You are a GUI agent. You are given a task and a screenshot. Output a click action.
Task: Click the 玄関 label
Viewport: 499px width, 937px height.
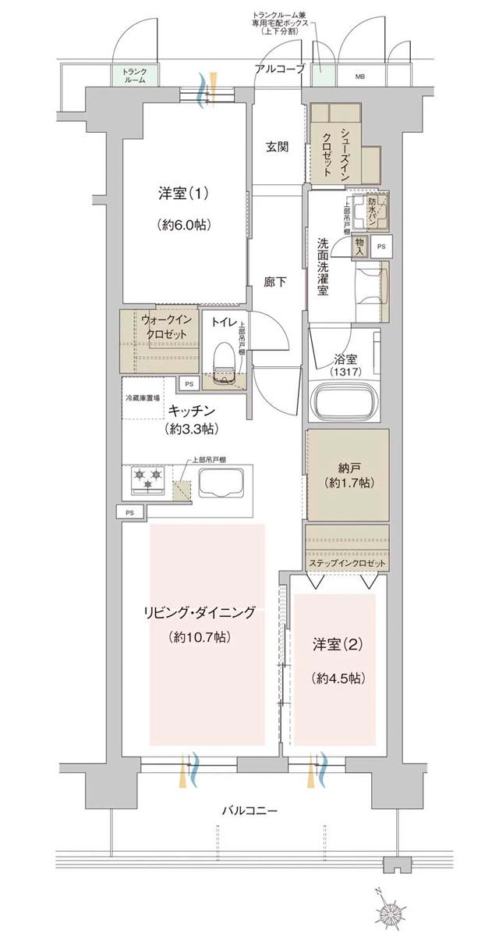(277, 147)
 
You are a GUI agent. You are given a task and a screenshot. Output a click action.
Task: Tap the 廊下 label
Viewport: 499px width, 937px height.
(277, 283)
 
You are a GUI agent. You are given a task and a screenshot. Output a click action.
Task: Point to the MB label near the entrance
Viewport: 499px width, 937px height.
(360, 77)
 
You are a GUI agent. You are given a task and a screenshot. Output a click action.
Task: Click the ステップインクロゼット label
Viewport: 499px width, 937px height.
(347, 564)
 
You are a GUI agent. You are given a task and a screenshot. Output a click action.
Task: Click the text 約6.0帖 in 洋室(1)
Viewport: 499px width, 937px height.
(184, 224)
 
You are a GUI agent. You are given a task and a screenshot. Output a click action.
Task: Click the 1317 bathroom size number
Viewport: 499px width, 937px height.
(343, 373)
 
